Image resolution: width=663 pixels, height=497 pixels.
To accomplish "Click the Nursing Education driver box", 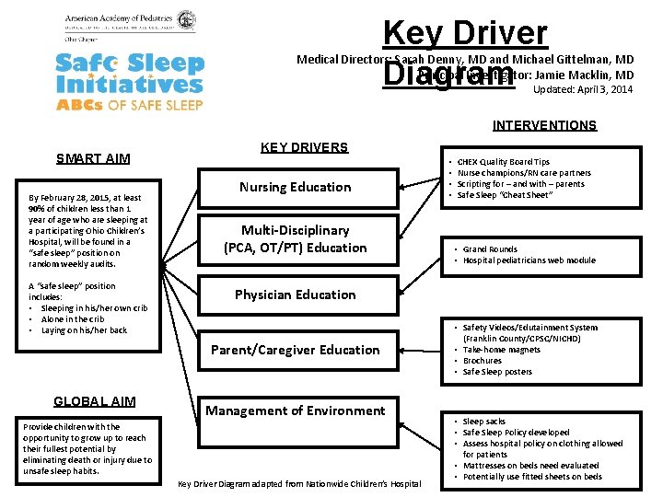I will pos(295,187).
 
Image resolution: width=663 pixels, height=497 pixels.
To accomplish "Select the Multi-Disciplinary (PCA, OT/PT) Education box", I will pos(295,238).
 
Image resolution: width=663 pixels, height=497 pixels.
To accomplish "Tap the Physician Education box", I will pos(295,295).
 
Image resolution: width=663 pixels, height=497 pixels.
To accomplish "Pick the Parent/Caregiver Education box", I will pos(295,350).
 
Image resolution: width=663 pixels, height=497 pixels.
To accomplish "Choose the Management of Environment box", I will pos(295,410).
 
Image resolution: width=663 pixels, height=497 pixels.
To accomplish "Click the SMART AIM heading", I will pos(93,158).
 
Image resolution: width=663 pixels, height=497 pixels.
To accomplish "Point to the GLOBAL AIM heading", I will pos(94,401).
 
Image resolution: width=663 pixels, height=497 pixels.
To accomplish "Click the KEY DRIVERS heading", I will pos(304,147).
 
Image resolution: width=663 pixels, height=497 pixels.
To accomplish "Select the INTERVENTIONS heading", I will pos(544,125).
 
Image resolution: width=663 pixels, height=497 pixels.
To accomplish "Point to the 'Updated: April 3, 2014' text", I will pos(583,89).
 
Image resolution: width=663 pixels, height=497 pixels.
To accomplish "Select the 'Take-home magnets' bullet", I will pos(501,350).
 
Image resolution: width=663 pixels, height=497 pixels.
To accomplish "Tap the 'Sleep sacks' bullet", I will pos(485,422).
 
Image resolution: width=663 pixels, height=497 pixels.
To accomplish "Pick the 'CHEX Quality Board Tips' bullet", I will pos(503,162).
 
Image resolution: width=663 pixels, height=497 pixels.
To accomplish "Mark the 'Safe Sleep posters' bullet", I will pos(497,372).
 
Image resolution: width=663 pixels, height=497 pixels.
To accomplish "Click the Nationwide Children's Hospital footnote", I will pos(298,484).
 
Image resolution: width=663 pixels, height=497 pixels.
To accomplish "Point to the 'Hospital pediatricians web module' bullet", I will pos(529,260).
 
